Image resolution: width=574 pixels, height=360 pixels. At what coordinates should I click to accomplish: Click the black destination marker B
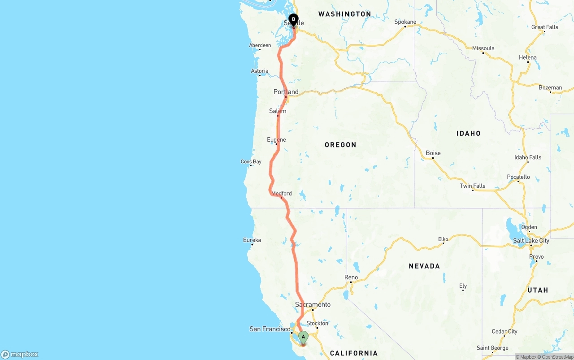point(293,20)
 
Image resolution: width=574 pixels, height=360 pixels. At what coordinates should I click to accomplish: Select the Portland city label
point(286,92)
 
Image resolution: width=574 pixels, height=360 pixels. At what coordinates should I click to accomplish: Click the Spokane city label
point(405,22)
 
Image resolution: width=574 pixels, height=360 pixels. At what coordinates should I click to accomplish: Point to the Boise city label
point(433,153)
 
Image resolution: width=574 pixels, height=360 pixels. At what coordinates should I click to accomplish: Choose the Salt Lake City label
point(531,240)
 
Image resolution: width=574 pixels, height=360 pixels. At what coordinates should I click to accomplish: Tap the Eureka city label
point(252,240)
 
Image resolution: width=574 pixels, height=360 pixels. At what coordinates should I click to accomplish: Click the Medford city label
point(281,193)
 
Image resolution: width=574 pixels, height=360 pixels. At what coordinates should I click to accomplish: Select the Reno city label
point(351,277)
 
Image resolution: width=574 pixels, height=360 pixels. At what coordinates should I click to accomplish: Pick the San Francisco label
point(270,329)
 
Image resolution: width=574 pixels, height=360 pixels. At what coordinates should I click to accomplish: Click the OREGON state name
point(340,145)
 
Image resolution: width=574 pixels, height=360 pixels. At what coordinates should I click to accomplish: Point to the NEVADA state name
point(424,266)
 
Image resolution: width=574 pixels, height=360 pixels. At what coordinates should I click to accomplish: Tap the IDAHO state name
point(468,133)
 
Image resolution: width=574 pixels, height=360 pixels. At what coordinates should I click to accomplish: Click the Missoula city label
point(483,48)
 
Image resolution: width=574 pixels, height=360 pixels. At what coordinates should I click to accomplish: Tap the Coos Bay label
point(251,161)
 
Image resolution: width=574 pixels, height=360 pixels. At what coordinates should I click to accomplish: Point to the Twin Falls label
point(472,186)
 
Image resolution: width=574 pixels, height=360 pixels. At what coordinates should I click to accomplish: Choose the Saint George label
point(492,348)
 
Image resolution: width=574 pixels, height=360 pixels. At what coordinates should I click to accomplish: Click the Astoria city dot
point(260,75)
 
